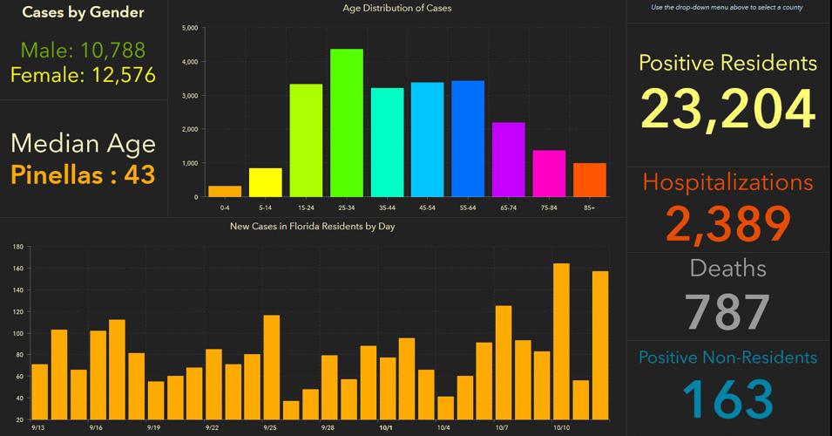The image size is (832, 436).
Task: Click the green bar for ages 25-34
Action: coord(347,123)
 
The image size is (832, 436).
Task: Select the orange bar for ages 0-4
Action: coord(225,191)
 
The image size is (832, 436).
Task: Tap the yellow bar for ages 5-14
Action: coord(266,182)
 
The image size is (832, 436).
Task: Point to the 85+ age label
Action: coord(589,207)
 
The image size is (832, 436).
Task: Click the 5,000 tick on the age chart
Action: coord(189,28)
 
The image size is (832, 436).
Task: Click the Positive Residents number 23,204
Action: coord(727,109)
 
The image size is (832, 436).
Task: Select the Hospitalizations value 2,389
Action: coord(727,223)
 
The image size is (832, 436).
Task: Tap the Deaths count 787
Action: coord(727,312)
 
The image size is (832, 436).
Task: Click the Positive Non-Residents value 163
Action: coord(727,399)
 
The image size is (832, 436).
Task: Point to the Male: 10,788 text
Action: coord(83,50)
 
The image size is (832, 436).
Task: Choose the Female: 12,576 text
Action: coord(83,75)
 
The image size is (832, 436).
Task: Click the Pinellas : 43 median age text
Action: coord(83,174)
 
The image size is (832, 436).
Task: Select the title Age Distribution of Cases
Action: coord(397,9)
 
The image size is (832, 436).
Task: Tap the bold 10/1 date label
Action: coord(385,428)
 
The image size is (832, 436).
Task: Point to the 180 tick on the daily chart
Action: coord(17,248)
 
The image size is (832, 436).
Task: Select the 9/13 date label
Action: coord(39,428)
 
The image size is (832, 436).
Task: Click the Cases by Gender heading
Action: coord(83,12)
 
